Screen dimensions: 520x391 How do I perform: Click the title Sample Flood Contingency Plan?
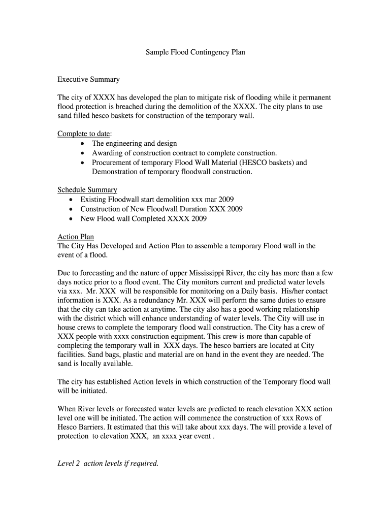coord(195,52)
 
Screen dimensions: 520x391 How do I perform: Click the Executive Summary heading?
coord(88,79)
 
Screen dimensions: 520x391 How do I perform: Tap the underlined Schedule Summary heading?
coord(87,189)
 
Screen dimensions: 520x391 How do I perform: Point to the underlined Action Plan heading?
coord(76,237)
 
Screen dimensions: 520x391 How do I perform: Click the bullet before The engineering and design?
coord(82,144)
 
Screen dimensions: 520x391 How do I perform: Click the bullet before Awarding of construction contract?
coord(82,153)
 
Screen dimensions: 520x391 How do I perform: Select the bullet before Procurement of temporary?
coord(82,163)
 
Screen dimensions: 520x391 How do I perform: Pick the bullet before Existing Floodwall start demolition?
coord(71,200)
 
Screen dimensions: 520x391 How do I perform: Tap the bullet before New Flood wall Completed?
coord(71,219)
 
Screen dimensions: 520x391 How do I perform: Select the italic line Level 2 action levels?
coord(108,463)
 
